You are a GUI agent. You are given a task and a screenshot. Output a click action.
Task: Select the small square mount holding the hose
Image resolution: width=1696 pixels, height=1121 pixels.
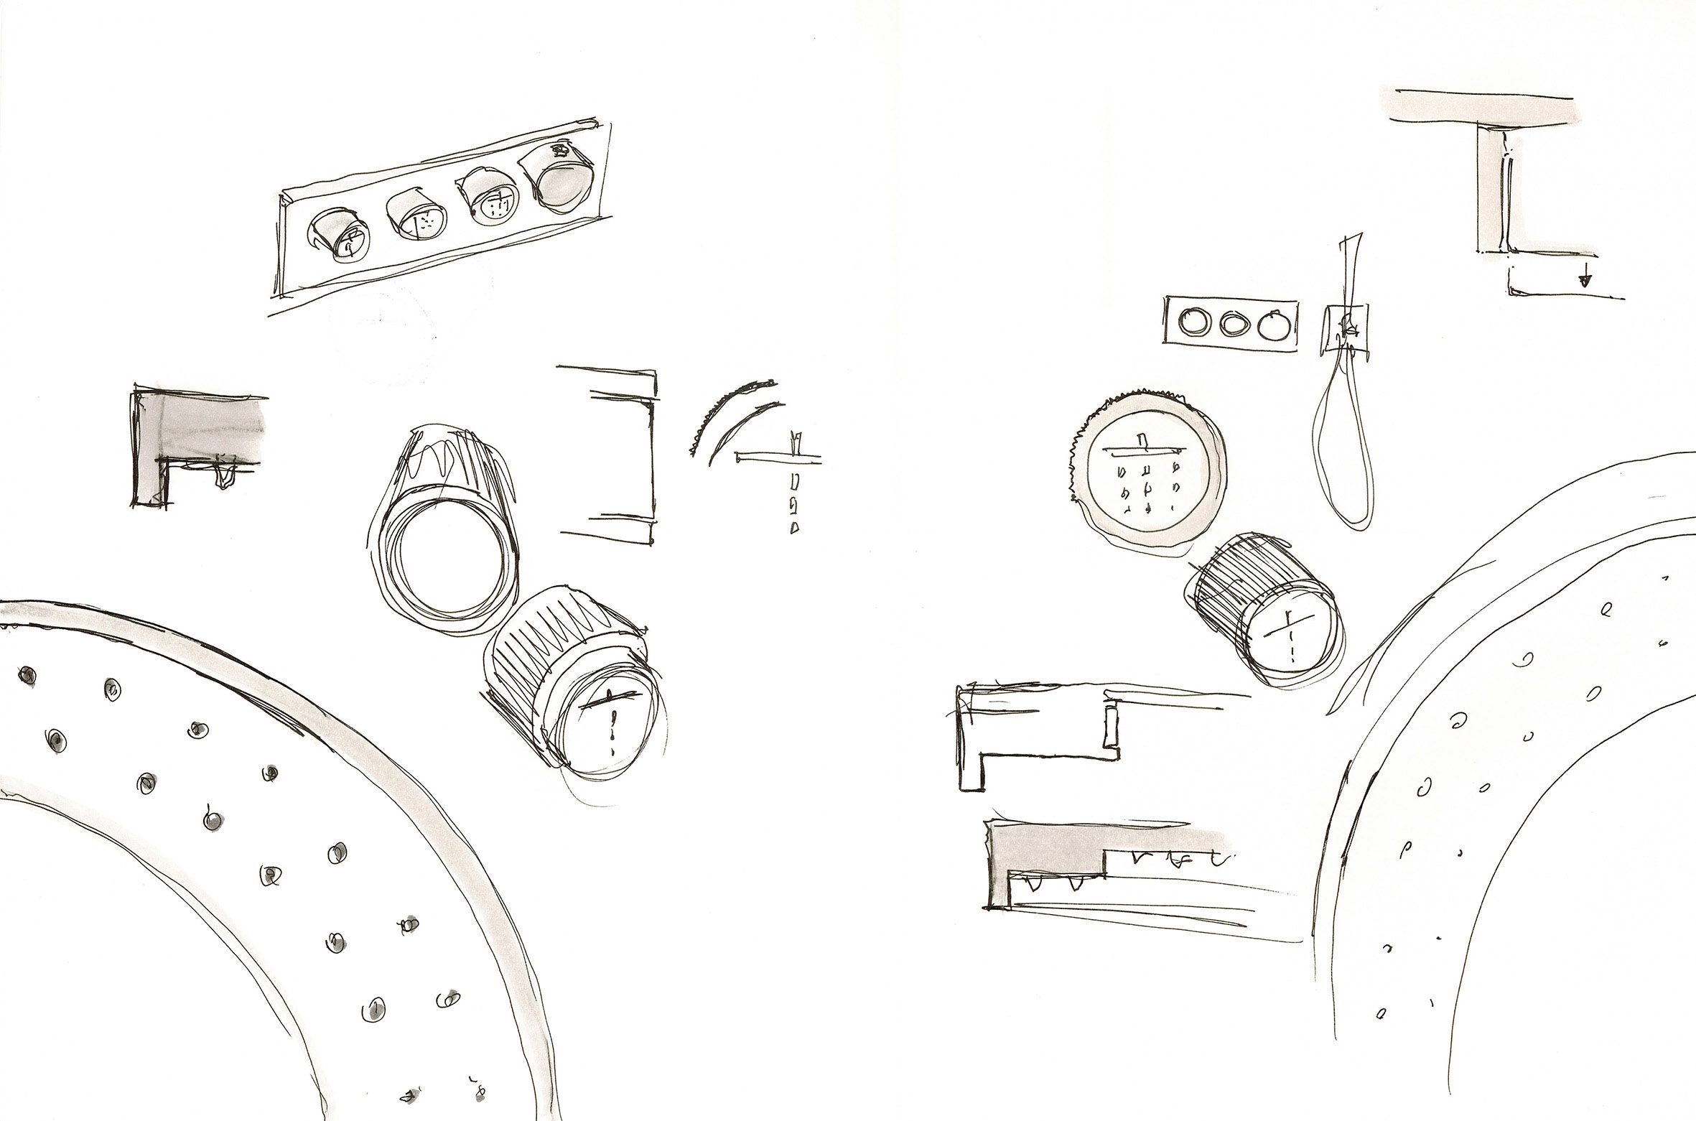click(1344, 330)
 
